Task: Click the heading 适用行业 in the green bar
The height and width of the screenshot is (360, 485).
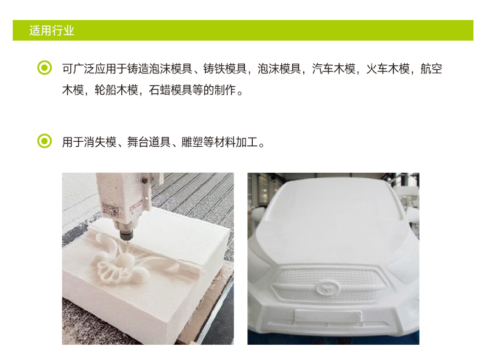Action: click(52, 31)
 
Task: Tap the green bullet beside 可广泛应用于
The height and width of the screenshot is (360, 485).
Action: click(44, 68)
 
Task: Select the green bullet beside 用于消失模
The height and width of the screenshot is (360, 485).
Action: click(44, 141)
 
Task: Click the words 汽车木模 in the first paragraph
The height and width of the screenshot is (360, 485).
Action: click(333, 68)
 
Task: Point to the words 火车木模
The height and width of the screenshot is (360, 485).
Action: click(388, 68)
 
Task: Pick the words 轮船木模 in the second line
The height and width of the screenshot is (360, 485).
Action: click(116, 90)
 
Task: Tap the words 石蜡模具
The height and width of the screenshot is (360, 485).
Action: click(170, 90)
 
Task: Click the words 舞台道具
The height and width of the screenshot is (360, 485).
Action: click(149, 142)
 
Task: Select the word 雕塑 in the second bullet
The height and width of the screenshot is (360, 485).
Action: click(192, 142)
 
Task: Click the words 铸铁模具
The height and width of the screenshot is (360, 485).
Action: click(225, 68)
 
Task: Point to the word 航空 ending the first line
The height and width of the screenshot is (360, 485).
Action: click(431, 68)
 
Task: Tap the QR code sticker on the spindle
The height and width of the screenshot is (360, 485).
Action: click(110, 210)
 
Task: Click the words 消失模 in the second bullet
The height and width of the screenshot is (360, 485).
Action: click(100, 142)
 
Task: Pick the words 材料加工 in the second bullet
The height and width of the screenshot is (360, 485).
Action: click(236, 142)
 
